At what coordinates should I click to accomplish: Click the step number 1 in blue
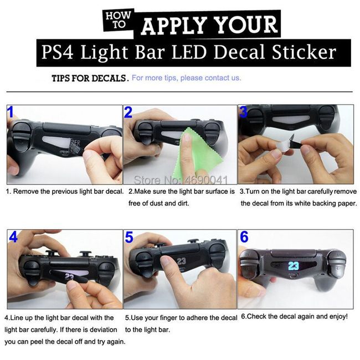pos(11,113)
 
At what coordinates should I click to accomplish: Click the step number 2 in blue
pos(128,113)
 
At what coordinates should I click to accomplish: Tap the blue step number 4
pos(13,238)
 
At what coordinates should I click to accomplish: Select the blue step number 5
pos(129,238)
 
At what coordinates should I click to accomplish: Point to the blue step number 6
pos(244,237)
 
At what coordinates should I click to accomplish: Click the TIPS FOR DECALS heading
pos(90,78)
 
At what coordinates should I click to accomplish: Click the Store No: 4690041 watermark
pos(181,179)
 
